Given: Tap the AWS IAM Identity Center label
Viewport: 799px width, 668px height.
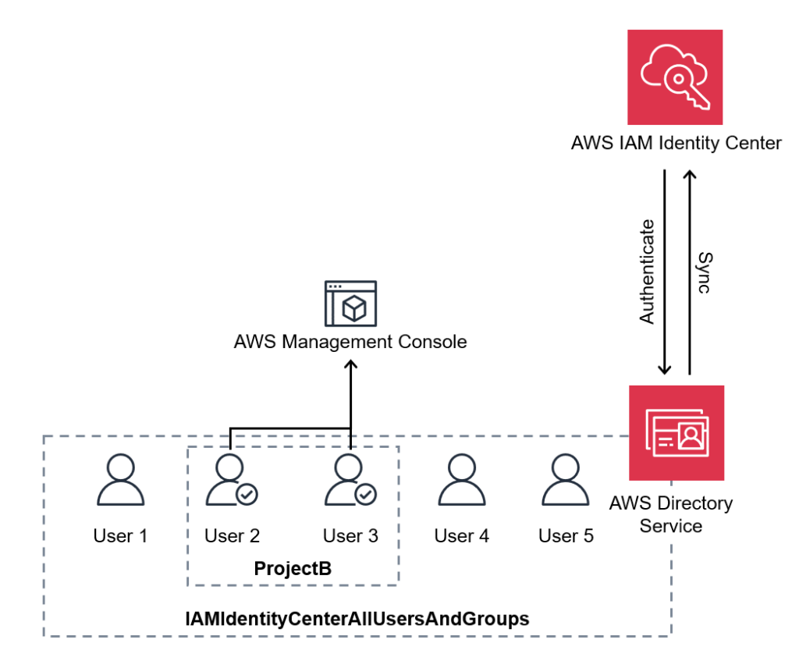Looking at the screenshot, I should (676, 143).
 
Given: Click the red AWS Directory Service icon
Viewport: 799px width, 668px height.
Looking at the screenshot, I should (676, 432).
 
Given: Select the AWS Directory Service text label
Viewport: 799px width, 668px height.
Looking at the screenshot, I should (670, 514).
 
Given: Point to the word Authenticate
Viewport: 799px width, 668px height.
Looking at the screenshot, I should (647, 272).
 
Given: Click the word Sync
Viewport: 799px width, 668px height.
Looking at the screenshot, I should (704, 272).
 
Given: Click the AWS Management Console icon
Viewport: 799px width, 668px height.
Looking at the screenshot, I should (350, 303).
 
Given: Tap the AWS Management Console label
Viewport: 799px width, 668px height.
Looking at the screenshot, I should (350, 342).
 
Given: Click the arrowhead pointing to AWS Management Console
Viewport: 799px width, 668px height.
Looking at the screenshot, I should (350, 365).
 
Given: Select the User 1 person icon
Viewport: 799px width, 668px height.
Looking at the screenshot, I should (120, 481).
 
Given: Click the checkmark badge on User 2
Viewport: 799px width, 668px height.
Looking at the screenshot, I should (247, 494).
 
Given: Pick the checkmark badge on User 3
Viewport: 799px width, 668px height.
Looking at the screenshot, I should (365, 494).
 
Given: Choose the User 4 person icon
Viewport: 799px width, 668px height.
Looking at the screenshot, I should (462, 481).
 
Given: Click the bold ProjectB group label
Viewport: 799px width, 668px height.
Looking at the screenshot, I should (293, 569).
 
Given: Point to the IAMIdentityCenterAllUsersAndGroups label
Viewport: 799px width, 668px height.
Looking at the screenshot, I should (357, 619).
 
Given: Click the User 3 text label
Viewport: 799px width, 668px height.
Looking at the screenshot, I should (350, 536).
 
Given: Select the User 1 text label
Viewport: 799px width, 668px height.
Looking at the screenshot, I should (120, 536).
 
